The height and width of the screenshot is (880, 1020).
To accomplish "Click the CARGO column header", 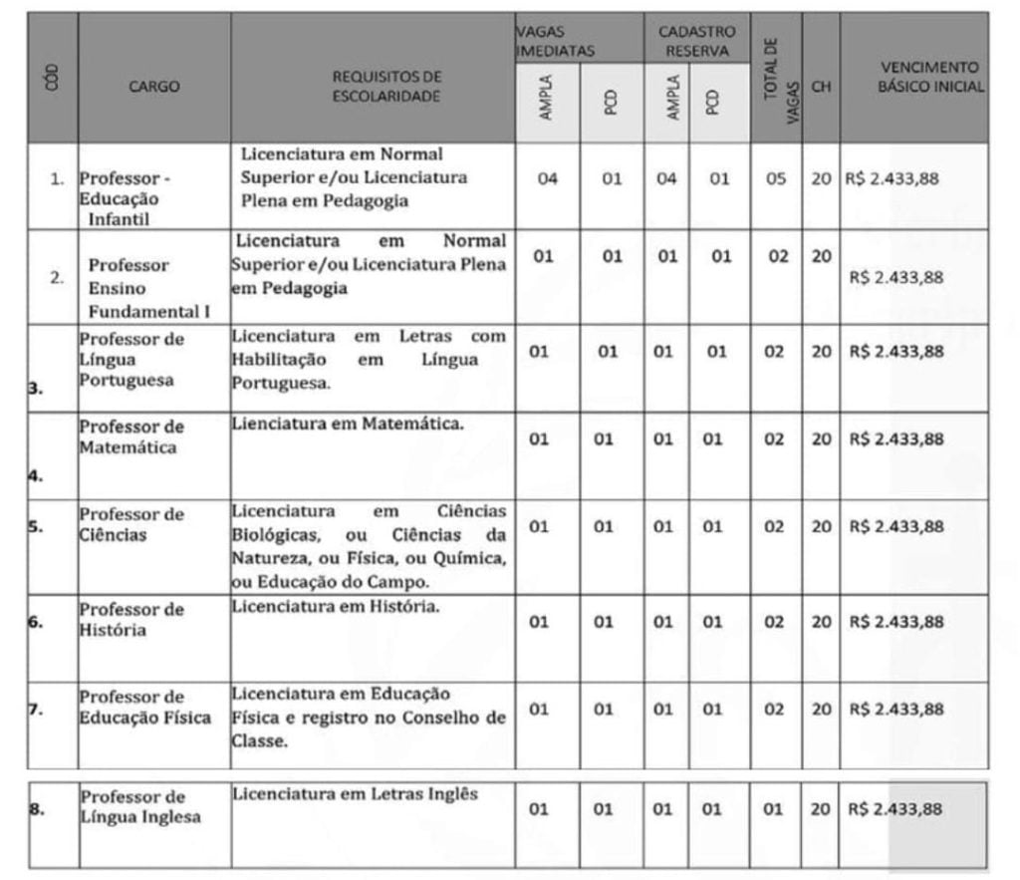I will click(x=154, y=86).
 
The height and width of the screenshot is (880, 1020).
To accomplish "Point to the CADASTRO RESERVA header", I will click(x=696, y=40).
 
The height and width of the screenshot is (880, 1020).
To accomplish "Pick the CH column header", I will click(x=821, y=87).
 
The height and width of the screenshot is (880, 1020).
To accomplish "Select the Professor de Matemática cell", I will click(x=131, y=437).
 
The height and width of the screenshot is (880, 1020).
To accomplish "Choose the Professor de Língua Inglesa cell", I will click(x=139, y=807).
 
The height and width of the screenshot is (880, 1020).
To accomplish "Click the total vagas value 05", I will click(x=775, y=179).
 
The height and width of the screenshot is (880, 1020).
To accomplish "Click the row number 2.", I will click(x=57, y=277).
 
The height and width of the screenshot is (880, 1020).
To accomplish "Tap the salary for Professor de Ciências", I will click(x=894, y=526).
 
